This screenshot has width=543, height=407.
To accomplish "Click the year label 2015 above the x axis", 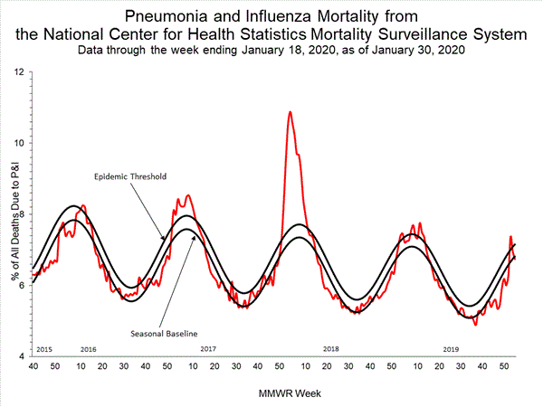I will (x=43, y=348).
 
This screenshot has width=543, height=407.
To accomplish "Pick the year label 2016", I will (x=89, y=348).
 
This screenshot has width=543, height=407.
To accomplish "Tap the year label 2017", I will (x=208, y=348).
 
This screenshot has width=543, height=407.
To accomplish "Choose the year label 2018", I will (x=330, y=348).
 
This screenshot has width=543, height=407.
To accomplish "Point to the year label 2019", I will (x=451, y=348).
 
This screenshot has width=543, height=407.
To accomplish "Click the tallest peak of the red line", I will (x=290, y=112).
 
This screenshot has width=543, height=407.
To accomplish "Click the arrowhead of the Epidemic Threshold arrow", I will (x=163, y=240).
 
